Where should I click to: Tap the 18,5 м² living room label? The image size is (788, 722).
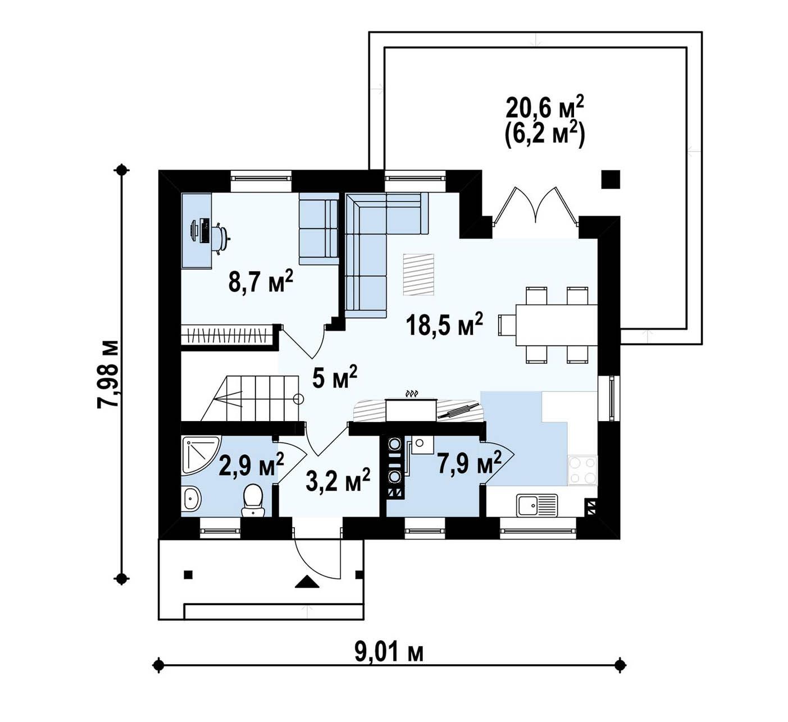pyautogui.click(x=445, y=325)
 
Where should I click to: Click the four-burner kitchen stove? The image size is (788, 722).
pyautogui.click(x=582, y=470)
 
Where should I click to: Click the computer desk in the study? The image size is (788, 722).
pyautogui.click(x=197, y=231)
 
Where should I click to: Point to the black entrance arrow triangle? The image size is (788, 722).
pyautogui.click(x=307, y=582)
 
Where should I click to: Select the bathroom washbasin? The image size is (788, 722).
pyautogui.click(x=192, y=499)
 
